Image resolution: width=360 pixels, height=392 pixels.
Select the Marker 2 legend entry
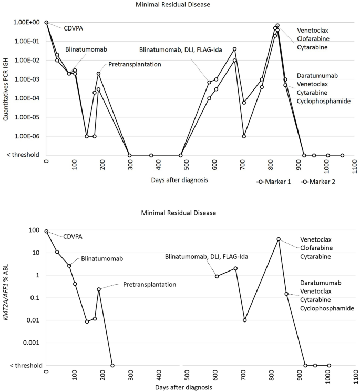pyautogui.click(x=320, y=182)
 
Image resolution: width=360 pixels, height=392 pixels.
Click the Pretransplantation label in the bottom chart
pyautogui.click(x=149, y=285)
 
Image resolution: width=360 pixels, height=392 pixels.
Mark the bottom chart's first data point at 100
pyautogui.click(x=46, y=231)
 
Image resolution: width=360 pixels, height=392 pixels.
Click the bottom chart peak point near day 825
pyautogui.click(x=279, y=239)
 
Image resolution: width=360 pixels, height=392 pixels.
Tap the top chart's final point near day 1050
pyautogui.click(x=342, y=155)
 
